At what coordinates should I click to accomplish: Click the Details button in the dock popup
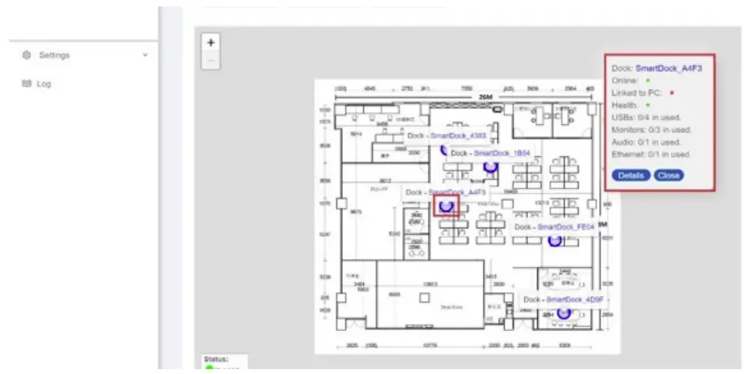tap(631, 175)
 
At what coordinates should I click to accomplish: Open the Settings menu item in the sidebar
tap(54, 55)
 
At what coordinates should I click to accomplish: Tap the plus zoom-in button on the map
tap(210, 42)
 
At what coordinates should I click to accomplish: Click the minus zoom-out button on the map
tap(210, 60)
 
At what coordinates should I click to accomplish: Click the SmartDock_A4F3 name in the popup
tap(668, 68)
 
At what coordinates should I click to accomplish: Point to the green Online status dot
tap(648, 81)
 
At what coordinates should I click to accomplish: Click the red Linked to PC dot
tap(672, 93)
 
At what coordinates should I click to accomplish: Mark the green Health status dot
tap(648, 105)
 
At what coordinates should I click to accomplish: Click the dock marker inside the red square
tap(445, 206)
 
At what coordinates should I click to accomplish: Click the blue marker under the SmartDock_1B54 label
tap(490, 166)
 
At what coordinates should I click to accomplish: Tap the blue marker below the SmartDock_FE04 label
tap(555, 240)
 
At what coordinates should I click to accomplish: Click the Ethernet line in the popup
tap(651, 154)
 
